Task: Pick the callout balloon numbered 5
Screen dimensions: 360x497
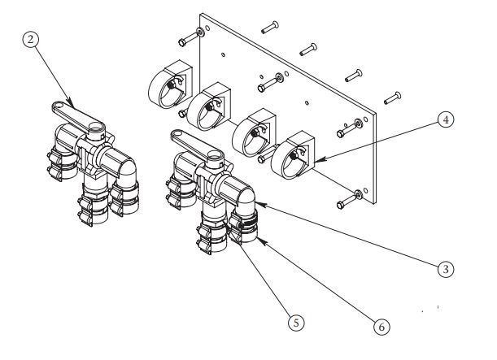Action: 298,323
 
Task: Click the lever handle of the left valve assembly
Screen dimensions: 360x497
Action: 71,107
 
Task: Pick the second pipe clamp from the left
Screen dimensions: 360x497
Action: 211,106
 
